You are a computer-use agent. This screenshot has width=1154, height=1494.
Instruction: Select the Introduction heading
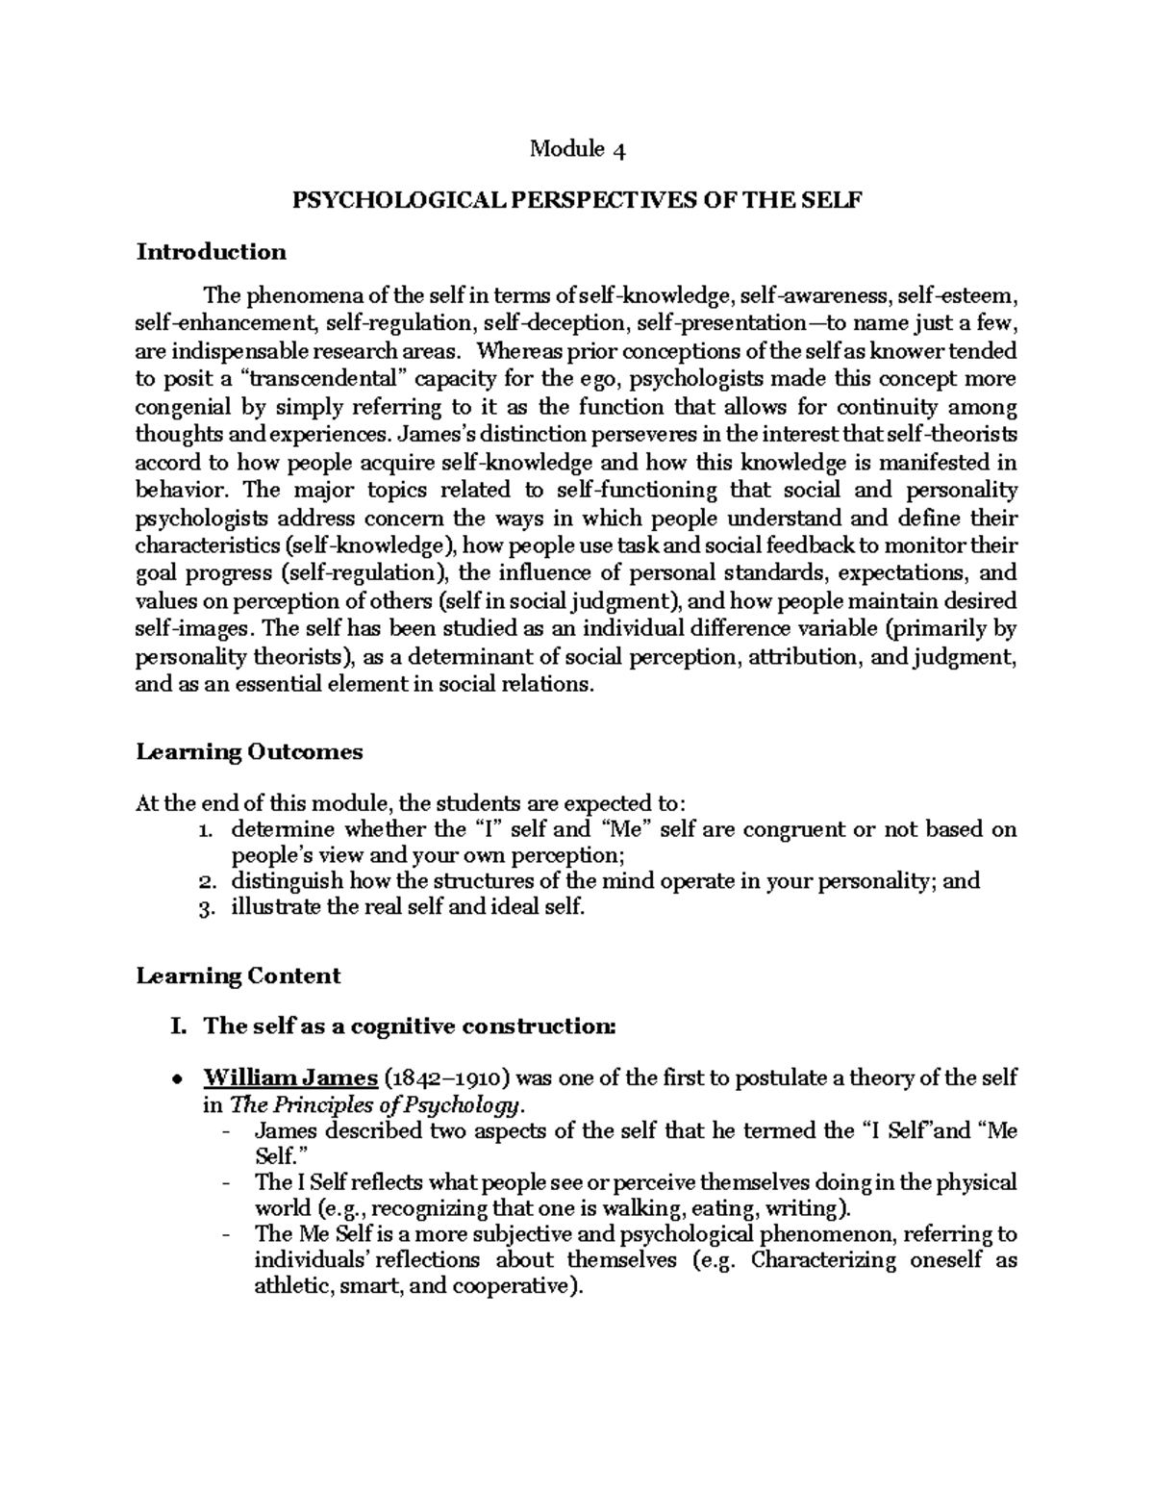(x=211, y=252)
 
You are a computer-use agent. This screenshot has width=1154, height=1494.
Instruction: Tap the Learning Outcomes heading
(x=249, y=751)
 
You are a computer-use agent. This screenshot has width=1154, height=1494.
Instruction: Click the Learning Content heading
(x=238, y=975)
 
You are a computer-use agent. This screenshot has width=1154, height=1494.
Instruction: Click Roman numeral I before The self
(x=175, y=1026)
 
